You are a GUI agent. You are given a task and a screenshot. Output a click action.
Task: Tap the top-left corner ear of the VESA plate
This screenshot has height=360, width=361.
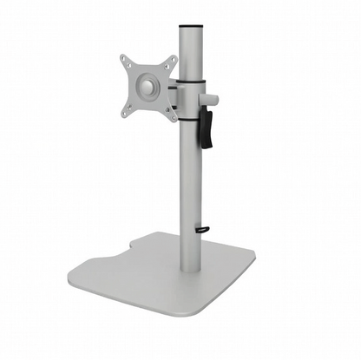pyautogui.click(x=125, y=61)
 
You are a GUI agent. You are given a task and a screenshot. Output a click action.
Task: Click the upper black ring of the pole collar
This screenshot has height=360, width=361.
pyautogui.click(x=190, y=82)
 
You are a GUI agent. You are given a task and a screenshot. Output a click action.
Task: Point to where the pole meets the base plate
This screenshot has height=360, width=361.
pyautogui.click(x=190, y=272)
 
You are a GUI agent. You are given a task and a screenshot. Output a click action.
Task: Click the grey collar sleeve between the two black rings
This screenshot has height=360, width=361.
pyautogui.click(x=190, y=101)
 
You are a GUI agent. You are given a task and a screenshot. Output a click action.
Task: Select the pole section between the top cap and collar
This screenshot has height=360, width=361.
pyautogui.click(x=190, y=54)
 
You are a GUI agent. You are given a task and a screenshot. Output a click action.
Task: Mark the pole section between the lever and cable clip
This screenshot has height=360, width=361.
pyautogui.click(x=190, y=191)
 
